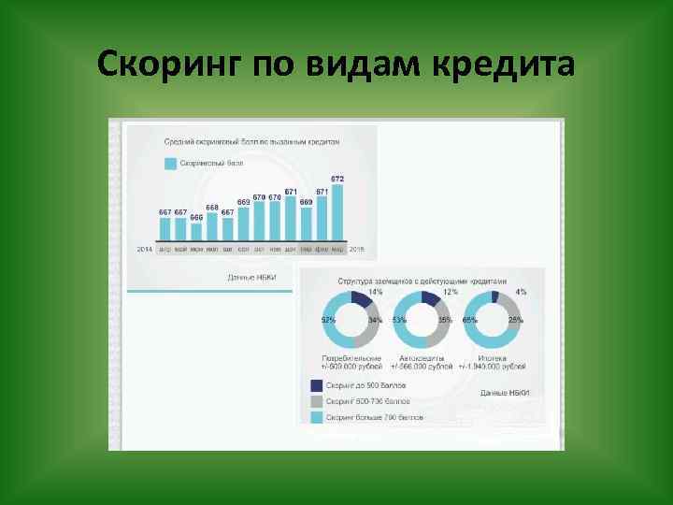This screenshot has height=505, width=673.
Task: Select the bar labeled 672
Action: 337,213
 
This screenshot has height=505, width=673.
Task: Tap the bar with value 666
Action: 196,232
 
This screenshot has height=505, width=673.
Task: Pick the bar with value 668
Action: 212,227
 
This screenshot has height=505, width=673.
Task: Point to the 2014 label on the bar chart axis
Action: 145,249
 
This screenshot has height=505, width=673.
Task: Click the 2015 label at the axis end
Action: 356,249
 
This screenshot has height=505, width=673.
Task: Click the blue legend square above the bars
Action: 171,163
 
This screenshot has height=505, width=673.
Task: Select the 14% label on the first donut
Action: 375,292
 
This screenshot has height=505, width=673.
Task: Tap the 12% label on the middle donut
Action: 450,292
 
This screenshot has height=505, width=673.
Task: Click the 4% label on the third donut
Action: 521,292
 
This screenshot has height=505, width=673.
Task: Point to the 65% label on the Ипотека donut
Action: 469,320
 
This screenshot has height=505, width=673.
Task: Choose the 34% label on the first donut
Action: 375,320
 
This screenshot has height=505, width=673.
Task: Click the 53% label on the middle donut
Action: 400,320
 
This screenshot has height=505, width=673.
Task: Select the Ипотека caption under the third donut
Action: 492,358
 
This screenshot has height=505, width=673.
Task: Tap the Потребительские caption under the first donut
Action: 351,358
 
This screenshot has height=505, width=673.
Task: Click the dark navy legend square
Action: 317,384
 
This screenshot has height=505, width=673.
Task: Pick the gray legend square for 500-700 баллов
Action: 317,400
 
